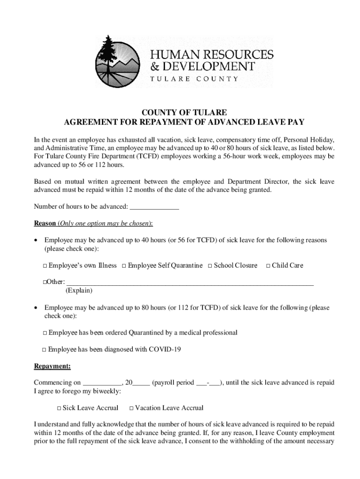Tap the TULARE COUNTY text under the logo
click(194, 79)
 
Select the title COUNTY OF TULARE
click(184, 113)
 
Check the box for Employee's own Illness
click(45, 266)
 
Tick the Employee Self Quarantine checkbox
click(124, 266)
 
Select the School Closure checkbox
click(210, 266)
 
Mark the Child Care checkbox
click(268, 266)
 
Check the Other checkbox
click(45, 283)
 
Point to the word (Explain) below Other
click(79, 290)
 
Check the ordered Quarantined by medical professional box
click(45, 333)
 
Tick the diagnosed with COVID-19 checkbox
click(44, 350)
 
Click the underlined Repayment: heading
click(52, 366)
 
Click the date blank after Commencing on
click(102, 383)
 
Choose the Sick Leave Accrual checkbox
click(59, 408)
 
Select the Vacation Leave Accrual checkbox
click(131, 408)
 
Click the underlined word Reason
click(45, 223)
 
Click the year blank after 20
click(141, 383)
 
